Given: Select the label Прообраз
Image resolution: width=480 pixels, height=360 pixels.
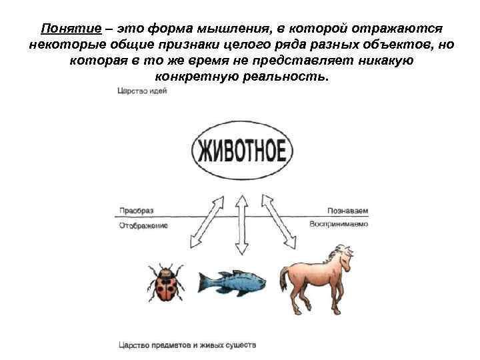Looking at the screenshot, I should coord(136,210).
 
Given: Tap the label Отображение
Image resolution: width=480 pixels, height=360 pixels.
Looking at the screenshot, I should coord(143,225).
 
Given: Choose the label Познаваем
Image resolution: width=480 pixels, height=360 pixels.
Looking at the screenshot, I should coord(347,210).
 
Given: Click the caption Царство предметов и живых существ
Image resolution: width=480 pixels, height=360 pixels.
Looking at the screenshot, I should coord(187,345).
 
